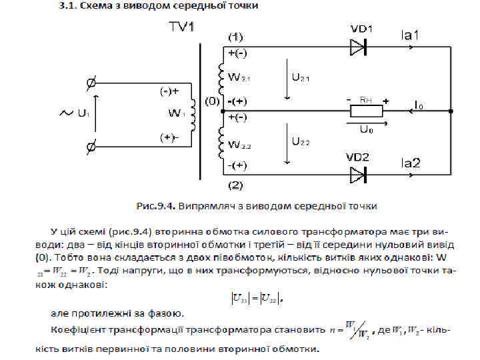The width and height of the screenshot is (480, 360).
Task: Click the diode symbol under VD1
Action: coord(359,46)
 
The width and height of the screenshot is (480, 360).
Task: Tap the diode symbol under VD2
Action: coord(359,175)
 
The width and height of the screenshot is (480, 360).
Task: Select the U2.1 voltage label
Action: coord(301,78)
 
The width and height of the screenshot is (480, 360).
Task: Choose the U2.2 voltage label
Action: coord(301,141)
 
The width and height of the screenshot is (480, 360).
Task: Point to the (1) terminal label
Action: coord(236,35)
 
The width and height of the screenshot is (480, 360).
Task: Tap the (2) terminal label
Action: coord(236,183)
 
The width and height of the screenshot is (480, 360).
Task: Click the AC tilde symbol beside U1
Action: coord(66,113)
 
